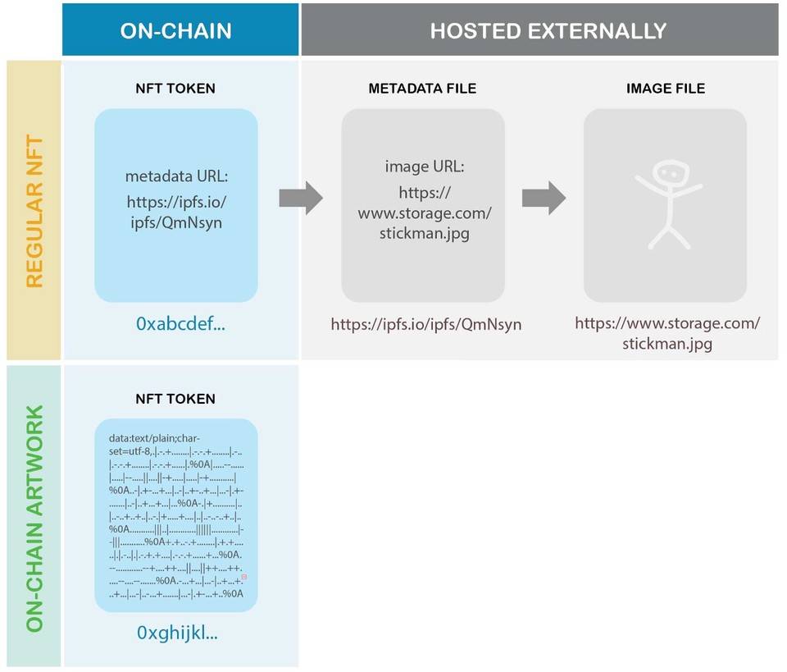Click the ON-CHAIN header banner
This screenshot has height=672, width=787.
pyautogui.click(x=176, y=31)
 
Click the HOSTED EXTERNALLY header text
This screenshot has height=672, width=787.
pyautogui.click(x=548, y=31)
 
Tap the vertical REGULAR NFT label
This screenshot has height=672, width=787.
pyautogui.click(x=34, y=211)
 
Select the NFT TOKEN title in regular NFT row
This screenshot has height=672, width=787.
pyautogui.click(x=175, y=89)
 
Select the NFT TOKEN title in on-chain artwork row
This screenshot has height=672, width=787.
pyautogui.click(x=175, y=399)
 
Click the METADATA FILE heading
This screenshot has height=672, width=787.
pyautogui.click(x=422, y=89)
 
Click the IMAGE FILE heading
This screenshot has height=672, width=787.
pyautogui.click(x=664, y=89)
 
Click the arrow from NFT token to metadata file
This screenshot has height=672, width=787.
pyautogui.click(x=300, y=199)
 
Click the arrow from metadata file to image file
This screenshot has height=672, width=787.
pyautogui.click(x=543, y=198)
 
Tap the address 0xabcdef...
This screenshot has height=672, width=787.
pyautogui.click(x=180, y=324)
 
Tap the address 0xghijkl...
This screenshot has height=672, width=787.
pyautogui.click(x=177, y=633)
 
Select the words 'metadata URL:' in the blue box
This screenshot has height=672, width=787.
pyautogui.click(x=175, y=176)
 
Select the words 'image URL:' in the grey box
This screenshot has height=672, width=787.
pyautogui.click(x=424, y=167)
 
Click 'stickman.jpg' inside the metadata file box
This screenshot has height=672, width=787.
pyautogui.click(x=424, y=232)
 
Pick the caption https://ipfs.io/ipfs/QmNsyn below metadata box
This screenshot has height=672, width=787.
pyautogui.click(x=426, y=324)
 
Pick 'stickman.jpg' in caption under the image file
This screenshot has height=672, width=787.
pyautogui.click(x=666, y=343)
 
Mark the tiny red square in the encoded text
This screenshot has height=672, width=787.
pyautogui.click(x=243, y=578)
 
